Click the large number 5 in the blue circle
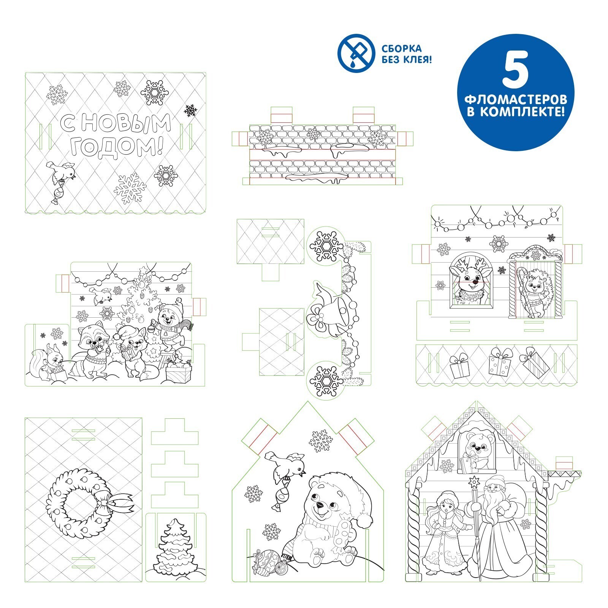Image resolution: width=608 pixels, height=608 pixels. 516,72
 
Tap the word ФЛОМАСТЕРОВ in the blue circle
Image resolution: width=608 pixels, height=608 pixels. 516,100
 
